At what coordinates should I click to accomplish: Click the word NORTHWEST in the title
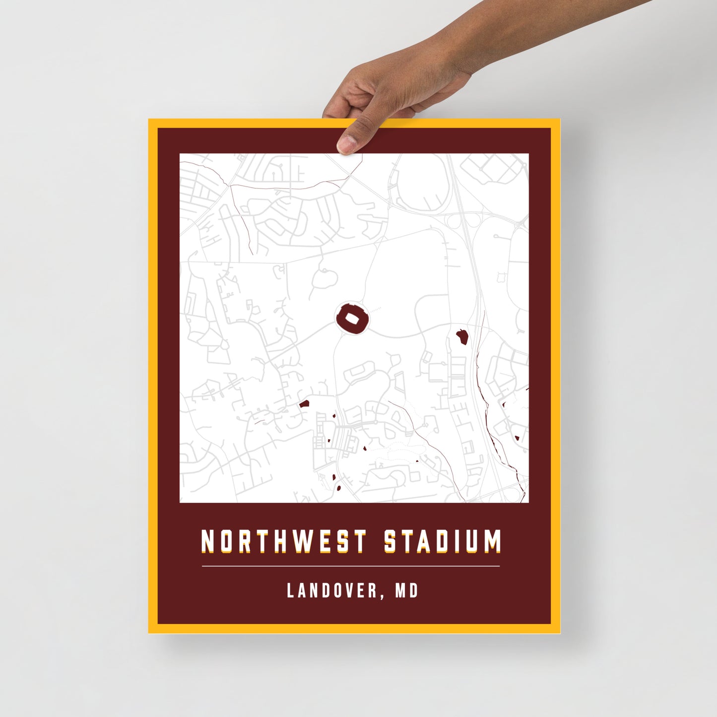point(283,541)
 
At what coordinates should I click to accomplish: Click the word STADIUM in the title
point(443,541)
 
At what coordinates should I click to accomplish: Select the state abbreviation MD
point(406,590)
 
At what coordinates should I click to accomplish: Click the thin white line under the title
point(351,566)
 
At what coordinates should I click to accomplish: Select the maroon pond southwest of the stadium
point(304,404)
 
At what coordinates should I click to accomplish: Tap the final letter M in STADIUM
point(492,541)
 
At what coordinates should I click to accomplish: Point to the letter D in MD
point(413,590)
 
